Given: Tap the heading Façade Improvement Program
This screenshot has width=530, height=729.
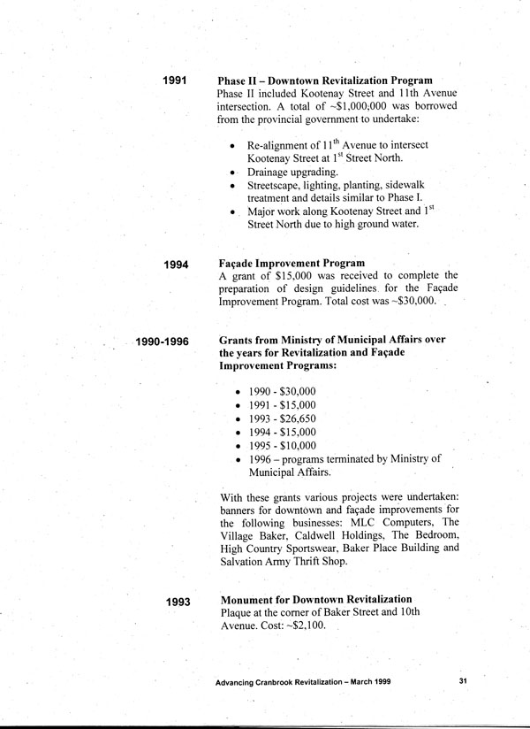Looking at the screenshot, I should click(x=291, y=263).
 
